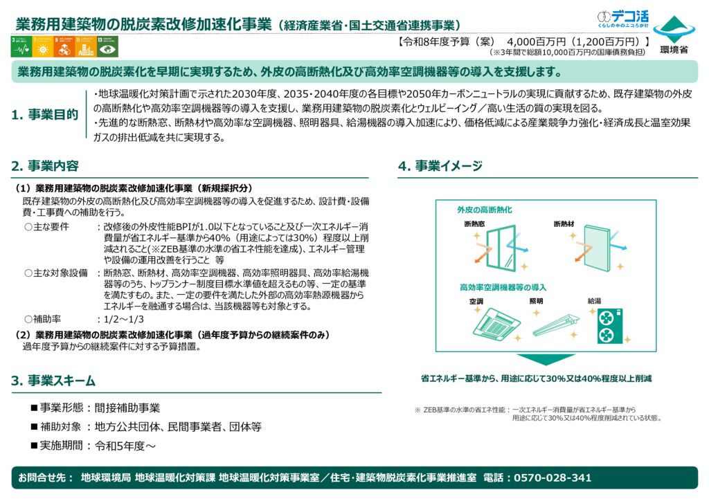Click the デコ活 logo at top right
point(622,19)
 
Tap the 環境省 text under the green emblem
point(673,50)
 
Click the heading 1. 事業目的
point(45,115)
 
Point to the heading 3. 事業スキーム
point(53,381)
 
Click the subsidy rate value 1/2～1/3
point(124,319)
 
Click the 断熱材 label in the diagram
point(564,224)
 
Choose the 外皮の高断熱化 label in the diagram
point(485,209)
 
